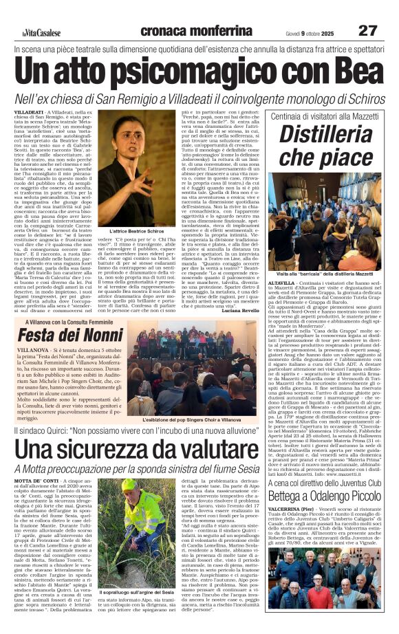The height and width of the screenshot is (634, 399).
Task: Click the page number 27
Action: click(367, 30)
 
